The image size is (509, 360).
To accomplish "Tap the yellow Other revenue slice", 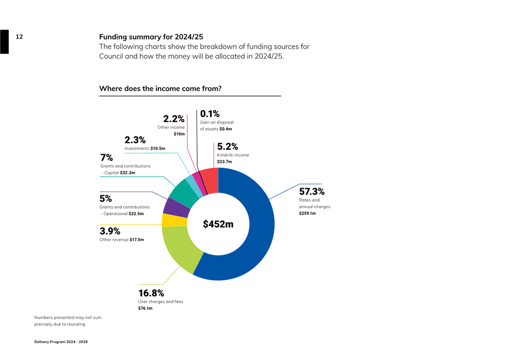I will [167, 220].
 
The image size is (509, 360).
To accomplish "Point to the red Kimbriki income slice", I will [209, 178].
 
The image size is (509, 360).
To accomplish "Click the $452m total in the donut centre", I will [218, 224].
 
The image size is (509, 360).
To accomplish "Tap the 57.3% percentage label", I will [312, 191].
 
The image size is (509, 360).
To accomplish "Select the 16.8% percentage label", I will [151, 293].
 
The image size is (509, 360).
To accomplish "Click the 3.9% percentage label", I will [110, 231].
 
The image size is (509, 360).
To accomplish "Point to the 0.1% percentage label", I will [209, 114].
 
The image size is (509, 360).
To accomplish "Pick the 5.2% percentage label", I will [227, 146].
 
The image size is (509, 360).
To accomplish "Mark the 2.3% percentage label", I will [135, 140].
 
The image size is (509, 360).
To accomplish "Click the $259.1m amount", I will [307, 213].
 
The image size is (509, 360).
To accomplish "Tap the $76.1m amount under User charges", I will [145, 308].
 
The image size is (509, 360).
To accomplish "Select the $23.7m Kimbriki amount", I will [224, 162].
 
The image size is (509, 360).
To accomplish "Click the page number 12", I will [19, 37].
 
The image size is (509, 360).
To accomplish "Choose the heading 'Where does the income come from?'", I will [160, 88].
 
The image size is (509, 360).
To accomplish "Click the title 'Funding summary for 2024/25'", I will [151, 37].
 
